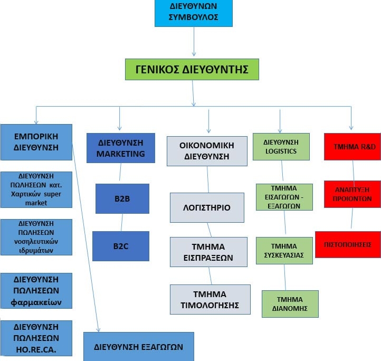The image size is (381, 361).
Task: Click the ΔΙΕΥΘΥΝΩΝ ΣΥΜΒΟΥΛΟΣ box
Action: click(194, 13)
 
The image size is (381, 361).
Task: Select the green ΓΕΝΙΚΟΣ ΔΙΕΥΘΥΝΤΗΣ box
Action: click(192, 69)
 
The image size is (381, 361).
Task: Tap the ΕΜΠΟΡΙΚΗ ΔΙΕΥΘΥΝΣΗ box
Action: click(36, 142)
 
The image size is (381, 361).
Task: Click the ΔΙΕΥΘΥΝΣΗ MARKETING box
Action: click(121, 148)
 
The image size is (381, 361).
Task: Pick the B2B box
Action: click(122, 198)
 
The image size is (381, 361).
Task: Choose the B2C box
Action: click(121, 246)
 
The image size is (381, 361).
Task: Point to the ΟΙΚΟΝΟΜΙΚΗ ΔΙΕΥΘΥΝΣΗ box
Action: click(207, 151)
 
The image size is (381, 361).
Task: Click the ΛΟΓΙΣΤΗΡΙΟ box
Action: click(207, 207)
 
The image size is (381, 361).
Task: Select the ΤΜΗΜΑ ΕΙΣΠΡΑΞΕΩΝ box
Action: click(208, 252)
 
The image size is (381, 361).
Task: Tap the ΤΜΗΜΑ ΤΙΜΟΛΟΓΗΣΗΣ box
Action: click(210, 299)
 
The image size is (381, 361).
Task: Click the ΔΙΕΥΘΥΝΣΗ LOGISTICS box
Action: click(281, 147)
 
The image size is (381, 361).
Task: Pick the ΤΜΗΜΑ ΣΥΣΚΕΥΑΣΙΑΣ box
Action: click(284, 251)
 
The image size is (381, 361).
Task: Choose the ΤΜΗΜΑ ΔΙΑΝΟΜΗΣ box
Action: click(290, 304)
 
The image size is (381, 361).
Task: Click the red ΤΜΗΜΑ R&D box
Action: click(353, 147)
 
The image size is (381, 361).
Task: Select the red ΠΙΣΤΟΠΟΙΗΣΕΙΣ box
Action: click(348, 244)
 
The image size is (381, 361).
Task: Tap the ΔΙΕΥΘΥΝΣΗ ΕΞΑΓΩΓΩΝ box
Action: click(139, 347)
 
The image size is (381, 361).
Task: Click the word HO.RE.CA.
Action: click(36, 350)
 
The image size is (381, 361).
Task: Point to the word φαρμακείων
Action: click(36, 302)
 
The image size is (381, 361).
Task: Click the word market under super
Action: click(36, 203)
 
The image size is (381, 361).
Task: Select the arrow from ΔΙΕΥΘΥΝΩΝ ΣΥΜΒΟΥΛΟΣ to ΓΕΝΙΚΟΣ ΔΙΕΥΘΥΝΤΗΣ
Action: click(194, 42)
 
